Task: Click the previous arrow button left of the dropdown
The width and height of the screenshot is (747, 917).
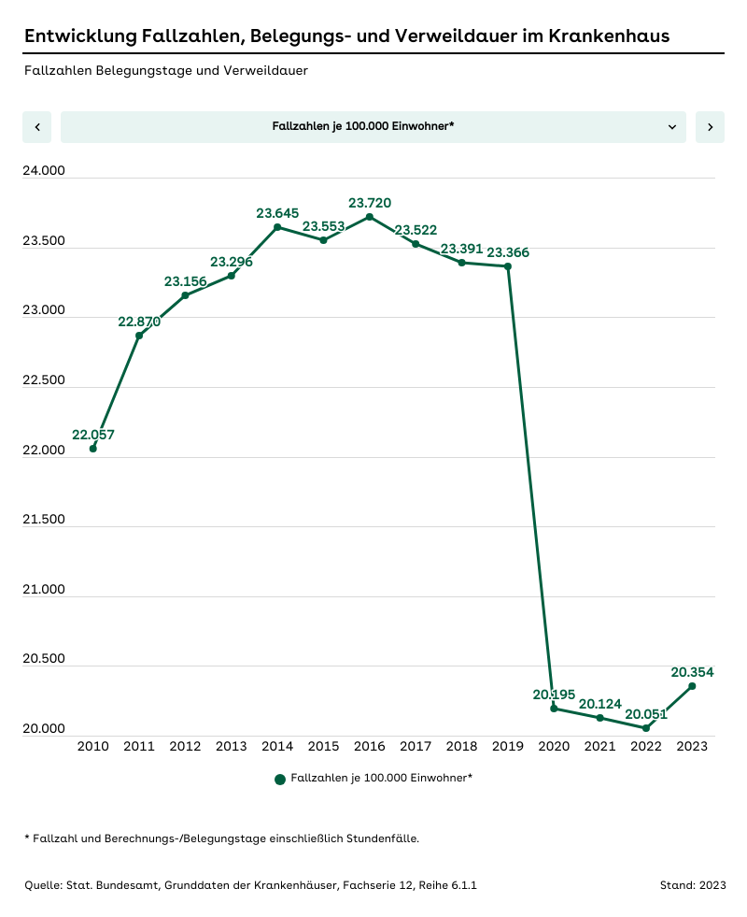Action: tap(36, 127)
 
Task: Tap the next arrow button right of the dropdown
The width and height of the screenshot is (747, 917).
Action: tap(710, 127)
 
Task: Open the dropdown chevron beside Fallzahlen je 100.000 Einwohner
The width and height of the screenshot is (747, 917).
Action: tap(672, 127)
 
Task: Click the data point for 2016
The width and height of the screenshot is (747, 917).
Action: tap(370, 217)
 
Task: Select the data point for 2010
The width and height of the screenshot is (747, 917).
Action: tap(93, 449)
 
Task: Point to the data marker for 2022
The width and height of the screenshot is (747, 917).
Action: tap(646, 728)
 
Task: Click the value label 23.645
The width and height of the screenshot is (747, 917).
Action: tap(277, 213)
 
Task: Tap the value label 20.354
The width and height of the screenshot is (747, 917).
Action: tap(692, 672)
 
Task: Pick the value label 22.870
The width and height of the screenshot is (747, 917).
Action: tap(139, 322)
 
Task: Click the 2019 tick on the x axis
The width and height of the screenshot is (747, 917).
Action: tap(508, 746)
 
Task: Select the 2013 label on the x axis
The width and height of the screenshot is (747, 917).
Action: tap(232, 746)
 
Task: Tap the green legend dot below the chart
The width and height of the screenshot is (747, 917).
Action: tap(280, 779)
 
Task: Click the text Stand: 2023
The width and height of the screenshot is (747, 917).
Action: tap(692, 884)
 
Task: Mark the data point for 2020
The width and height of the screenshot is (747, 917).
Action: tap(554, 709)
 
